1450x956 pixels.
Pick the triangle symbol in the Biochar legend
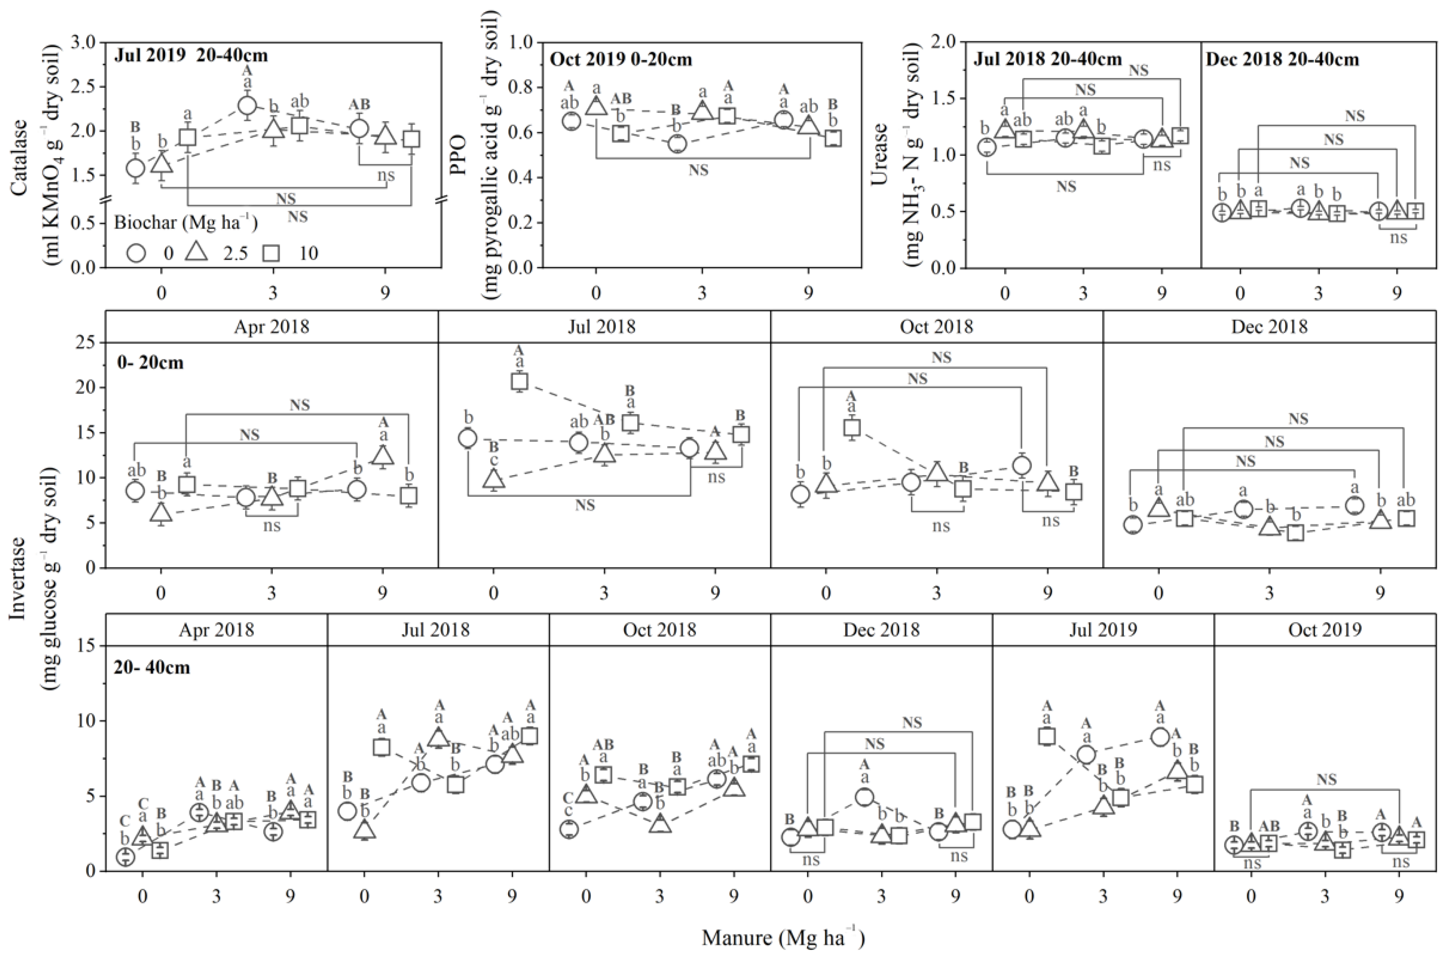point(196,251)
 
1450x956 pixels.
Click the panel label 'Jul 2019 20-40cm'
point(191,55)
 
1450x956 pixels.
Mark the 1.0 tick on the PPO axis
point(520,43)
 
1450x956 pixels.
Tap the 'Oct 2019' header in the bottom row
point(1324,629)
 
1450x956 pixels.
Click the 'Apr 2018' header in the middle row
point(271,327)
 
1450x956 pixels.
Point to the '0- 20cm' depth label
point(150,362)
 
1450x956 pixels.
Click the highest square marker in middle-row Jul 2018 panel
point(519,382)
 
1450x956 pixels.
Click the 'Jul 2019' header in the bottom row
point(1103,629)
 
